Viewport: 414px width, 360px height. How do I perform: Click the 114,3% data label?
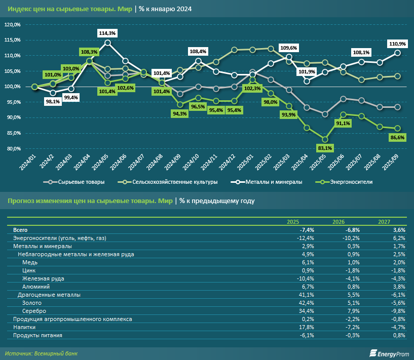[x=107, y=33]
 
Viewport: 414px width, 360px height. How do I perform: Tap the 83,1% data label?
[x=325, y=148]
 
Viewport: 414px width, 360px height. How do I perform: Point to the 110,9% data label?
[x=398, y=44]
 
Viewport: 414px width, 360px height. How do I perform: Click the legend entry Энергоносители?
[x=348, y=182]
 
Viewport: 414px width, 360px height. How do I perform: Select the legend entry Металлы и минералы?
[x=274, y=182]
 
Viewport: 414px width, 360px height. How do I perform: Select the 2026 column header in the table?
[x=339, y=222]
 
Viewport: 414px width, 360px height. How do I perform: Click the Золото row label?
[x=33, y=302]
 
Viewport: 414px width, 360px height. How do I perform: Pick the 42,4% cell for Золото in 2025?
[x=307, y=302]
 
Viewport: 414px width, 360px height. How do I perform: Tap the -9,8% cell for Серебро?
[x=398, y=310]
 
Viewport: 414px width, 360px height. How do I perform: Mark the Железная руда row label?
[x=43, y=278]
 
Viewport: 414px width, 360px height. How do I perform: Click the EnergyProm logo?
[x=389, y=353]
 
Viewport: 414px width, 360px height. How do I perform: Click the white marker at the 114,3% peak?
[x=107, y=43]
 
